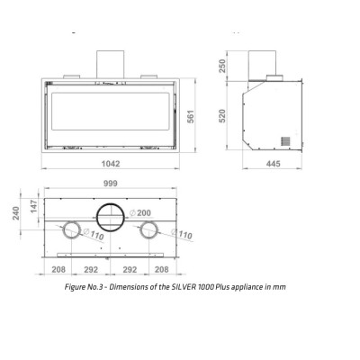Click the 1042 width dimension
(111, 164)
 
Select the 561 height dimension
(191, 116)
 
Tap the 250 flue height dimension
(222, 66)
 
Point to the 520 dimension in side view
(222, 116)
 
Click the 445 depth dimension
(274, 164)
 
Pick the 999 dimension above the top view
(111, 184)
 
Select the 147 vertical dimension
(34, 206)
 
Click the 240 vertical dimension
(16, 213)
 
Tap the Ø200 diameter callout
(140, 213)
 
